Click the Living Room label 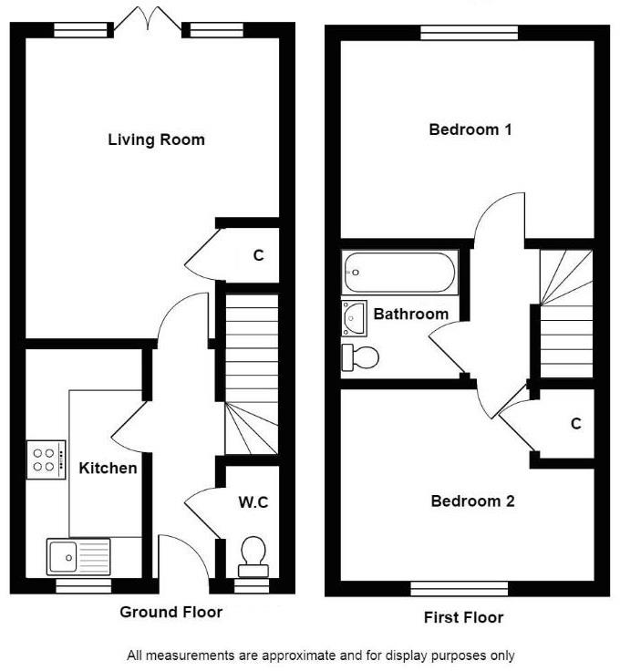[156, 139]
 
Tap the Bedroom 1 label [470, 129]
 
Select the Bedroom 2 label [472, 501]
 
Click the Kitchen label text [108, 468]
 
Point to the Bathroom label [411, 314]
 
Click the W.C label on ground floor [253, 501]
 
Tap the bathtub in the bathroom [398, 273]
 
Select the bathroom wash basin [354, 316]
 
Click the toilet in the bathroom [359, 357]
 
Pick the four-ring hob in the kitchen [46, 457]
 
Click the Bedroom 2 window [459, 588]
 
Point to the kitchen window [83, 587]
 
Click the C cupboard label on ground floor [258, 255]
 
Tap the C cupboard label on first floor [575, 423]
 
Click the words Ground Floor [170, 612]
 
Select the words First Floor [463, 617]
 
